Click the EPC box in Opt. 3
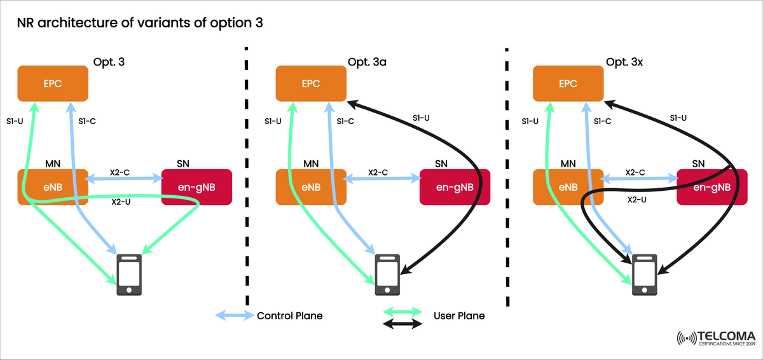coord(53,83)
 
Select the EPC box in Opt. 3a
coord(310,83)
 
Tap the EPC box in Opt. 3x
coord(568,83)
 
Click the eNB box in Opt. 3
coord(53,187)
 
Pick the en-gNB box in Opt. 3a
coord(454,187)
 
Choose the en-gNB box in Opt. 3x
coord(712,187)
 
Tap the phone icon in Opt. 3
coord(129,274)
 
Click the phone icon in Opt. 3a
coord(387,274)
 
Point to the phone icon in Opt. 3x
coord(644,274)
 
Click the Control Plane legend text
coord(289,315)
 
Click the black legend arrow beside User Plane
coord(402,324)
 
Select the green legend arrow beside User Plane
coord(402,311)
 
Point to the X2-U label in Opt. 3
coord(121,202)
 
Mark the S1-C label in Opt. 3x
coord(601,121)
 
